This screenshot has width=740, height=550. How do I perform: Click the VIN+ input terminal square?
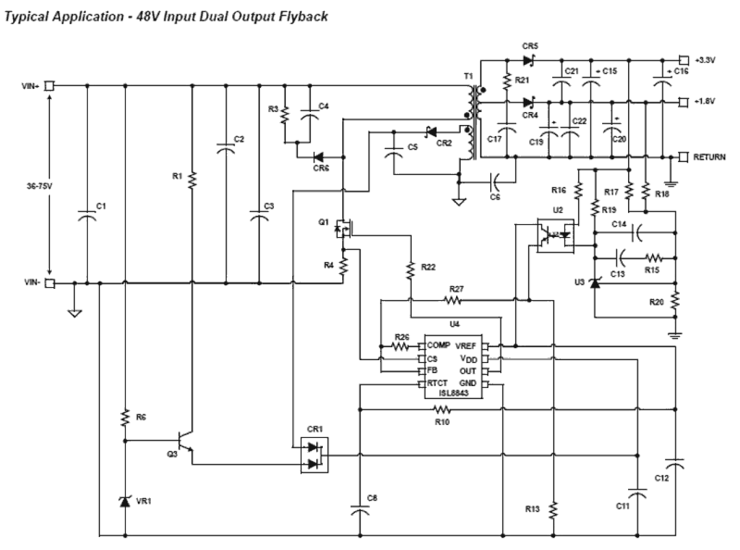coord(49,86)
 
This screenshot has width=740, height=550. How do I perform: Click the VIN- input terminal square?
coord(49,284)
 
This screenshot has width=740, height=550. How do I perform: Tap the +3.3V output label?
coord(705,60)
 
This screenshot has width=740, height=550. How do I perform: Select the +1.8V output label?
coord(705,101)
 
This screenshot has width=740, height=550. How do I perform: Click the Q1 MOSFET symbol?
coord(342,228)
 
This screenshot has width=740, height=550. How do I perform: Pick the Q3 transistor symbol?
coord(185,442)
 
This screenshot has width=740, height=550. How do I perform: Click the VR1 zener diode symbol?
coord(125,501)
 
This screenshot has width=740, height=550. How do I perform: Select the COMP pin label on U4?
coord(438,346)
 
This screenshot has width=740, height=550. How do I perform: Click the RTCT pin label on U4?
coord(438,384)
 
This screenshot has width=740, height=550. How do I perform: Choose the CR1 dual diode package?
coord(313,455)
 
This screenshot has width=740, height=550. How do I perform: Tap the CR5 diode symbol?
coord(528,60)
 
